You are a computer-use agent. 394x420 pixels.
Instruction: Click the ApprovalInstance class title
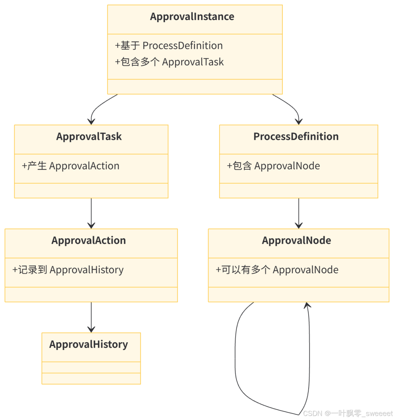pos(192,17)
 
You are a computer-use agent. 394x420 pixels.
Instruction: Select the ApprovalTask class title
pos(89,137)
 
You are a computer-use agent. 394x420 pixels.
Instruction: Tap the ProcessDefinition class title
pos(296,137)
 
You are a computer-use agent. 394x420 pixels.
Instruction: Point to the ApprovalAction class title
pos(89,241)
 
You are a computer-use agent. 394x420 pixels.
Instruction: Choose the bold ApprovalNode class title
pos(296,241)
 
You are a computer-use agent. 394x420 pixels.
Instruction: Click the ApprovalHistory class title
pos(89,345)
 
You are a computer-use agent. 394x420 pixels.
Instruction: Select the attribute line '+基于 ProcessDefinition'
pos(169,46)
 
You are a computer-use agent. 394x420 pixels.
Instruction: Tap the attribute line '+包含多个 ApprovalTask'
pos(169,62)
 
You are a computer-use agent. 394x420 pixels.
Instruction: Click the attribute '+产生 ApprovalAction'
pos(71,166)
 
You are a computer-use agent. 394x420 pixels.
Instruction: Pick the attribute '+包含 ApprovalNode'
pos(273,166)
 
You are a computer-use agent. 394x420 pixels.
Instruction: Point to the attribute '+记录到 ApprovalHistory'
pos(68,270)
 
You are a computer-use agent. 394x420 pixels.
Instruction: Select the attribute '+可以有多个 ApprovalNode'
pos(277,270)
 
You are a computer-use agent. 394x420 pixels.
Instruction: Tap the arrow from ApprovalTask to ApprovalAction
pos(91,213)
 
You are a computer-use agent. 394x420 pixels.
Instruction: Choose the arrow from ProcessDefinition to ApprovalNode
pos(299,213)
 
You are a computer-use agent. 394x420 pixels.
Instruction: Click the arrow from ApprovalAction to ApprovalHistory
pos(91,317)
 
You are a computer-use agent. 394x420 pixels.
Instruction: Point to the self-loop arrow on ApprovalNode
pos(236,361)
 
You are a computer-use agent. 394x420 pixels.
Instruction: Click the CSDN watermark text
pos(347,413)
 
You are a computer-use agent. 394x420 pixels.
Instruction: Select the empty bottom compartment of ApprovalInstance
pos(195,87)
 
